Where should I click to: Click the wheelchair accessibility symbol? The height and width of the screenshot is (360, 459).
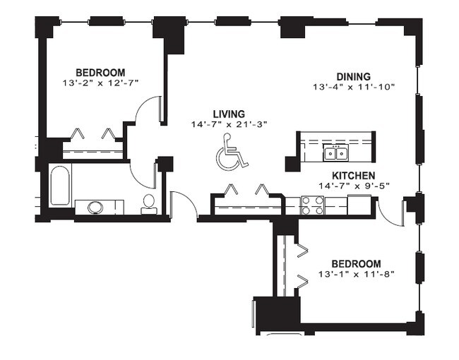tap(231, 152)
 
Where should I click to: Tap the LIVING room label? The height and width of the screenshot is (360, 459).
tap(229, 114)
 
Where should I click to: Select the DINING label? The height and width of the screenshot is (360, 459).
tap(354, 76)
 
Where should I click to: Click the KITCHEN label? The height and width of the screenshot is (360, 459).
tap(354, 176)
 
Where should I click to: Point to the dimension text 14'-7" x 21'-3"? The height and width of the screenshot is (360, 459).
tap(229, 124)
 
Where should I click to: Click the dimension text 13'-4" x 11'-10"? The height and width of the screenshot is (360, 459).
tap(354, 87)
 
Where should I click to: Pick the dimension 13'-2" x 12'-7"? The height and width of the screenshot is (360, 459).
tap(100, 83)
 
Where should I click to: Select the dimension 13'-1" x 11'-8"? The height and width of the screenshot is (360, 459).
tap(356, 275)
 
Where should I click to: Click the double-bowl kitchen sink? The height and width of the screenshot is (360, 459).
tap(335, 152)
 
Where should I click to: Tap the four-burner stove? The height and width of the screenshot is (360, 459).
tap(313, 205)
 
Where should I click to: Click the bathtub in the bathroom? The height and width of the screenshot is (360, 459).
tap(60, 185)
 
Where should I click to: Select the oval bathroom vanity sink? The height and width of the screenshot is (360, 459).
tap(96, 208)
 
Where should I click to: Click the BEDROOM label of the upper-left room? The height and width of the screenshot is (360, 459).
tap(100, 72)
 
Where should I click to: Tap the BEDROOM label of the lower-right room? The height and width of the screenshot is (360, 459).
tap(356, 264)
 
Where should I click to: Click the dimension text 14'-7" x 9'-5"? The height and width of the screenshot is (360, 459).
tap(354, 186)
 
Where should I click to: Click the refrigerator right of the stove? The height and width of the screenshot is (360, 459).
tap(359, 205)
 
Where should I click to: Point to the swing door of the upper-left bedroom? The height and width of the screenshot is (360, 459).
tap(146, 109)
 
